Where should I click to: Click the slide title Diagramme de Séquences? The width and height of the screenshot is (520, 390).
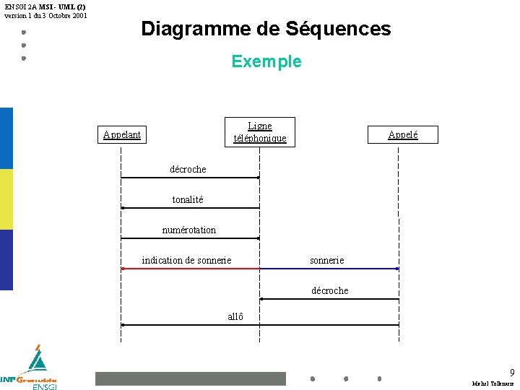[266, 29]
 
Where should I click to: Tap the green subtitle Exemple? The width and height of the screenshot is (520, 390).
[266, 61]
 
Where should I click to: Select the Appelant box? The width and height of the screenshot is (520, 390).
[122, 134]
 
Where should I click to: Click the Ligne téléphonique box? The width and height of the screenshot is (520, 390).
[259, 131]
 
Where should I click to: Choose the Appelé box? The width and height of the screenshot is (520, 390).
[402, 134]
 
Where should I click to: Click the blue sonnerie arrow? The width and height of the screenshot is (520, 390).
[329, 269]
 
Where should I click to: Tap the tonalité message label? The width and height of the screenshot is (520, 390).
[188, 199]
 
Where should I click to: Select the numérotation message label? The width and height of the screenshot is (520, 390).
[188, 230]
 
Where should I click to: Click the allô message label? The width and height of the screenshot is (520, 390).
[235, 316]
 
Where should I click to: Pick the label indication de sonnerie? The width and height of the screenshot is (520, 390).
[186, 260]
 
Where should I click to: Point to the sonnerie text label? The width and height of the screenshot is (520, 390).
[326, 260]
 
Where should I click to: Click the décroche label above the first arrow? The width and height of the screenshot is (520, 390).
[188, 169]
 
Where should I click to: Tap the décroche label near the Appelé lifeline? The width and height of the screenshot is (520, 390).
[329, 290]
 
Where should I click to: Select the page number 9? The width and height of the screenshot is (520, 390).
[512, 373]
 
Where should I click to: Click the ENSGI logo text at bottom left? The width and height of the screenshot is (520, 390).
[44, 386]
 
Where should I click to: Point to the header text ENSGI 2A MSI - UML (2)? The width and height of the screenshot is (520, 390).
[45, 6]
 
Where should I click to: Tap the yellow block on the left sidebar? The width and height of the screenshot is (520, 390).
[6, 199]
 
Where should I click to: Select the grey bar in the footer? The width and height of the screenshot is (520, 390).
[191, 378]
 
